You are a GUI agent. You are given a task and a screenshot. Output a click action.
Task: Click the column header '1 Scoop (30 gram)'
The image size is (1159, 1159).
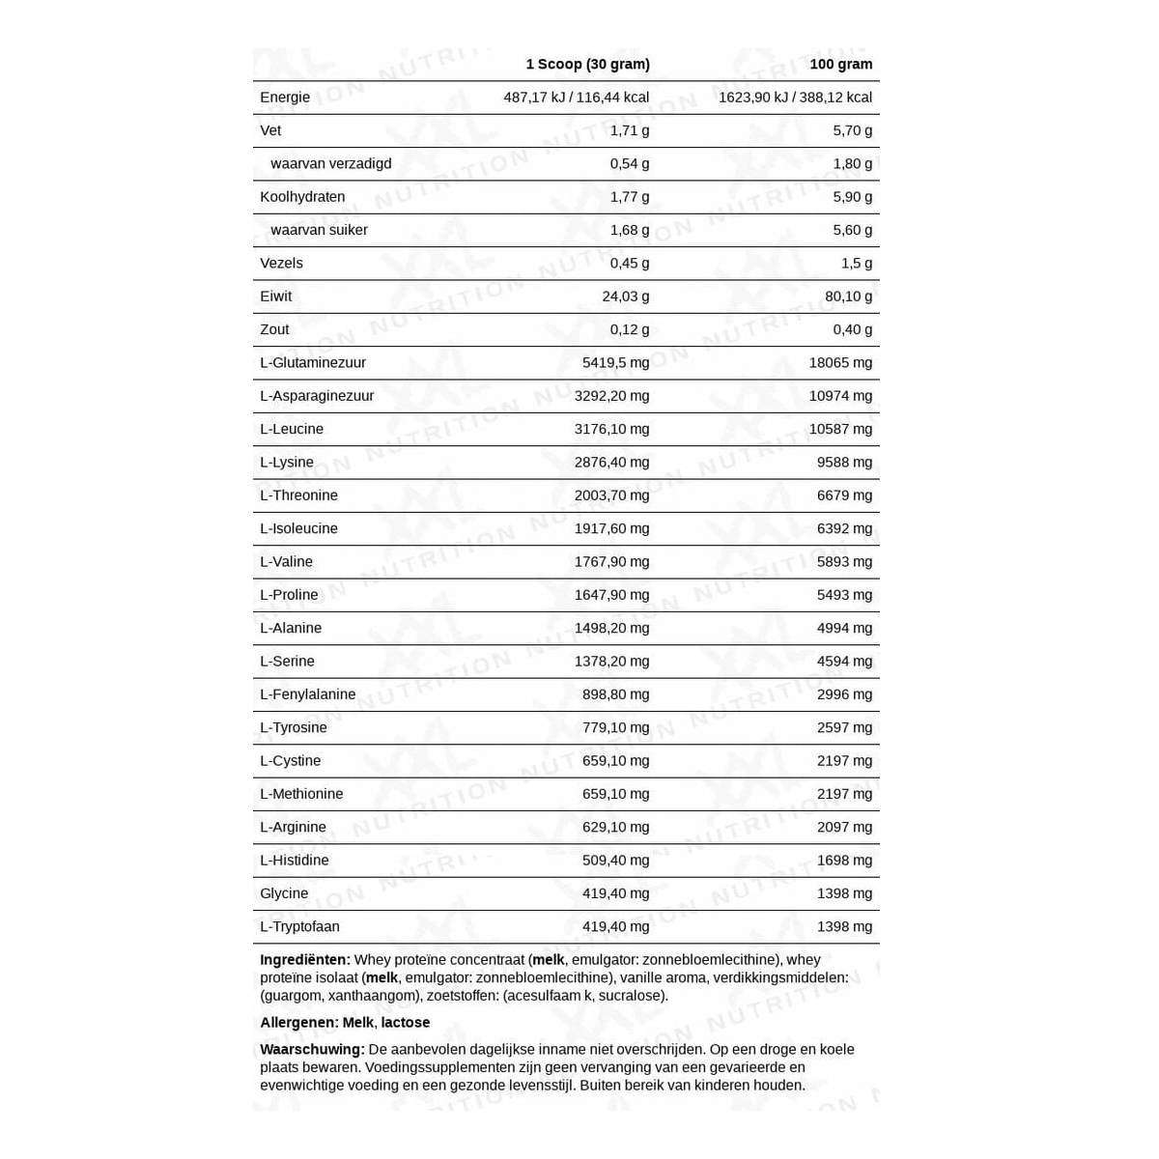click(587, 65)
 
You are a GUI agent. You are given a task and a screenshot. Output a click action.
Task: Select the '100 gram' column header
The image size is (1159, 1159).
click(840, 65)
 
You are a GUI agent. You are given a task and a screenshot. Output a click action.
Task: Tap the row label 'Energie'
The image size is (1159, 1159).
click(285, 98)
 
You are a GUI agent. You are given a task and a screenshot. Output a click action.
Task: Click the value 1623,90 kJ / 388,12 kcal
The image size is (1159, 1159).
click(795, 98)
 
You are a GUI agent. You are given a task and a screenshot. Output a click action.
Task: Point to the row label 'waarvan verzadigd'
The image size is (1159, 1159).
click(330, 164)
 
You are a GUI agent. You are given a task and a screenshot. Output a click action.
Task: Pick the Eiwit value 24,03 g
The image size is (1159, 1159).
click(625, 297)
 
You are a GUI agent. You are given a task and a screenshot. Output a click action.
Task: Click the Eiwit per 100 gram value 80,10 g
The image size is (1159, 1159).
click(845, 297)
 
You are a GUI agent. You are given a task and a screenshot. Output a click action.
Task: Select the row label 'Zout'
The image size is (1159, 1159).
click(274, 329)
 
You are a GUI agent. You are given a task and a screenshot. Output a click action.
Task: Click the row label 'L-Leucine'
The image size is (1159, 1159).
click(292, 429)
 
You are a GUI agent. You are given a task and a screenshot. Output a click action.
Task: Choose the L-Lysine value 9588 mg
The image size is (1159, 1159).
click(844, 463)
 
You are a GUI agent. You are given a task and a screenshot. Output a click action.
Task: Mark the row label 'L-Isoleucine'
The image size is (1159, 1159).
click(298, 528)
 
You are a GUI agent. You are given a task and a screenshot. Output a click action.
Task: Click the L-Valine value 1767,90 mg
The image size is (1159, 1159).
click(611, 562)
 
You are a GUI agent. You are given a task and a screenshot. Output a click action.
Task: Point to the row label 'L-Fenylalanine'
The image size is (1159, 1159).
click(307, 694)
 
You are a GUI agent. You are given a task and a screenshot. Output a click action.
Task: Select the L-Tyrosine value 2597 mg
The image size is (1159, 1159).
click(844, 727)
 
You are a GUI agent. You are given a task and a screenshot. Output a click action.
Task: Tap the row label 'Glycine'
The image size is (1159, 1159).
click(284, 893)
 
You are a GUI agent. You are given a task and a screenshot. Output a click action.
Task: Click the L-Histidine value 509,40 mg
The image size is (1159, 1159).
click(615, 861)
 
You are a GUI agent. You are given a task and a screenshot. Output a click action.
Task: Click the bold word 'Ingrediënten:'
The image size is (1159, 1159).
click(304, 960)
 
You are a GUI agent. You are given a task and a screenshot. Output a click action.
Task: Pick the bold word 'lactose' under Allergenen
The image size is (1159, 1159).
click(405, 1023)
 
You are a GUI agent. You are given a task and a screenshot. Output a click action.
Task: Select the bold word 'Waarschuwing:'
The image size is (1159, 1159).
click(312, 1050)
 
